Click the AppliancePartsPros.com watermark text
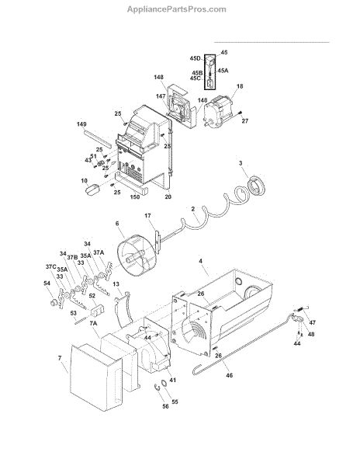tap(177, 9)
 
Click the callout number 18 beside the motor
tap(240, 86)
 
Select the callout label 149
tap(81, 124)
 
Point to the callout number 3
tap(241, 163)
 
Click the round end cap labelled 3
tap(256, 186)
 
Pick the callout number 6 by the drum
tap(117, 223)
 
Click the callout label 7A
tap(93, 323)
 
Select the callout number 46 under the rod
tap(230, 375)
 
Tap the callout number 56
tap(165, 406)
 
